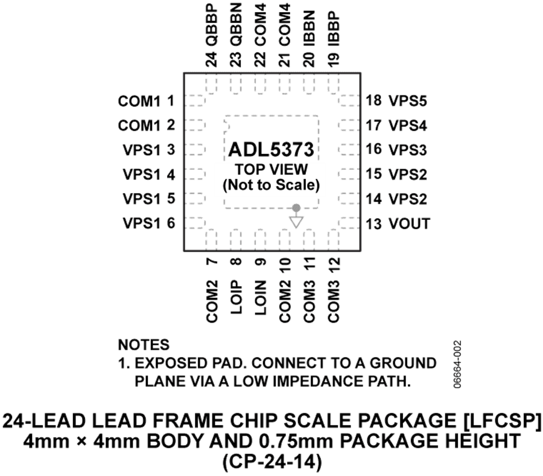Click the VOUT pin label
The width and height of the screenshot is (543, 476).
(x=409, y=224)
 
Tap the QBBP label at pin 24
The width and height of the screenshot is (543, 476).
(x=211, y=25)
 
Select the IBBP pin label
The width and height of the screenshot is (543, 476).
(x=333, y=29)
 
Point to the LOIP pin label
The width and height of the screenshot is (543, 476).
(x=235, y=297)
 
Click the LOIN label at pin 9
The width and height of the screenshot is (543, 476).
(x=260, y=297)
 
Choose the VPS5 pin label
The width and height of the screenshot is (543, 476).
(x=408, y=101)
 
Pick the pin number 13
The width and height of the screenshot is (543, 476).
(x=373, y=224)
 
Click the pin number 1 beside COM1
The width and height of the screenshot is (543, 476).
(x=171, y=101)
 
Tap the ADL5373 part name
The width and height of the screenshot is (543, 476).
(x=271, y=150)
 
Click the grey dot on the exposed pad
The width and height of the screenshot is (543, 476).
(x=296, y=208)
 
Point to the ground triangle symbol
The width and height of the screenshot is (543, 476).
(x=296, y=222)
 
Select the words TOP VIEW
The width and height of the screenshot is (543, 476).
(x=271, y=170)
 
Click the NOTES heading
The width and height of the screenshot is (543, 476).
(x=144, y=344)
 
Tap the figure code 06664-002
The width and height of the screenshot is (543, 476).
(x=457, y=364)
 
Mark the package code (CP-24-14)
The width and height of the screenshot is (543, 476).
(x=272, y=462)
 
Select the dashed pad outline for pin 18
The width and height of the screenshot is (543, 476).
(x=349, y=100)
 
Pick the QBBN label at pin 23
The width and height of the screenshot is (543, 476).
(x=235, y=25)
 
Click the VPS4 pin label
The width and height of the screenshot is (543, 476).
(x=408, y=126)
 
